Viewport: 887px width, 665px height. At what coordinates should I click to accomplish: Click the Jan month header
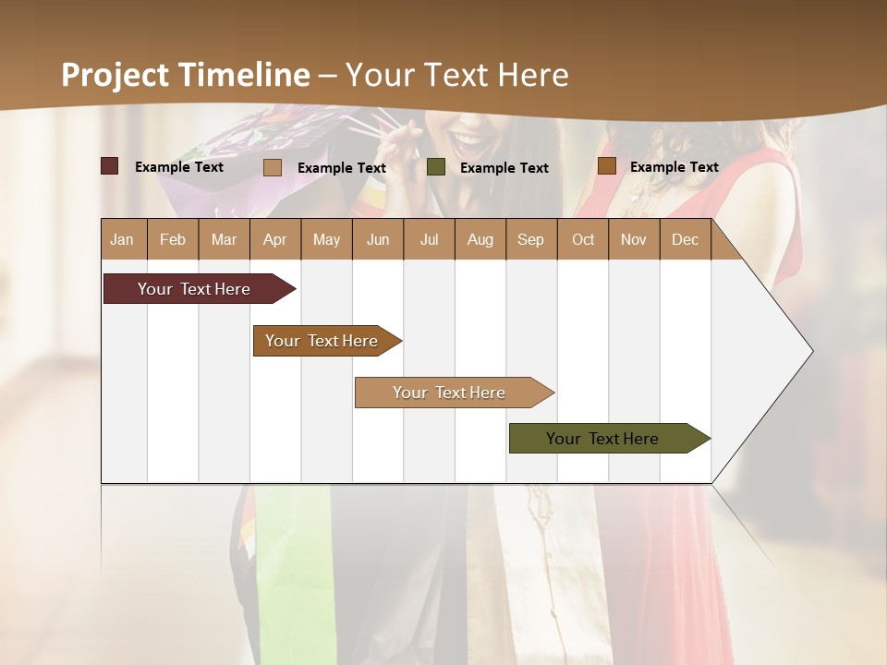[x=122, y=239]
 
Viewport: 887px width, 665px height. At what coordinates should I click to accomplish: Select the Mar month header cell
[x=224, y=239]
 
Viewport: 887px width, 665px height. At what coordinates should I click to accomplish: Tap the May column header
[x=326, y=239]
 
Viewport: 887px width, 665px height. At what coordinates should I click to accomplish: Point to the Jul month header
[x=429, y=239]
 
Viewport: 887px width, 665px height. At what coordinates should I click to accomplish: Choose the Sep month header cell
[x=530, y=239]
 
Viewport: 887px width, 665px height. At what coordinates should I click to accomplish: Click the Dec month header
[x=685, y=239]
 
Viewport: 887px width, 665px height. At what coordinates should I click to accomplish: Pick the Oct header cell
[x=583, y=239]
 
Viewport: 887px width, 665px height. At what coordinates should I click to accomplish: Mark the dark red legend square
[x=109, y=166]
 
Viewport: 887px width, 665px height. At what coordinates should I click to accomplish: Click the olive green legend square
[x=436, y=167]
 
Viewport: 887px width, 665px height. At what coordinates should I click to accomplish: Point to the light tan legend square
[x=273, y=167]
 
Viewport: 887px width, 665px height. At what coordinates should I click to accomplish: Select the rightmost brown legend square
[x=606, y=166]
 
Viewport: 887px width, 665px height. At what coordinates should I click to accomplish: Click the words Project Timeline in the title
[x=185, y=75]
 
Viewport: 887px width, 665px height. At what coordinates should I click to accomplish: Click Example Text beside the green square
[x=504, y=168]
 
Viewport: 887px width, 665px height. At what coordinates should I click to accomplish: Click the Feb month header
[x=173, y=239]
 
